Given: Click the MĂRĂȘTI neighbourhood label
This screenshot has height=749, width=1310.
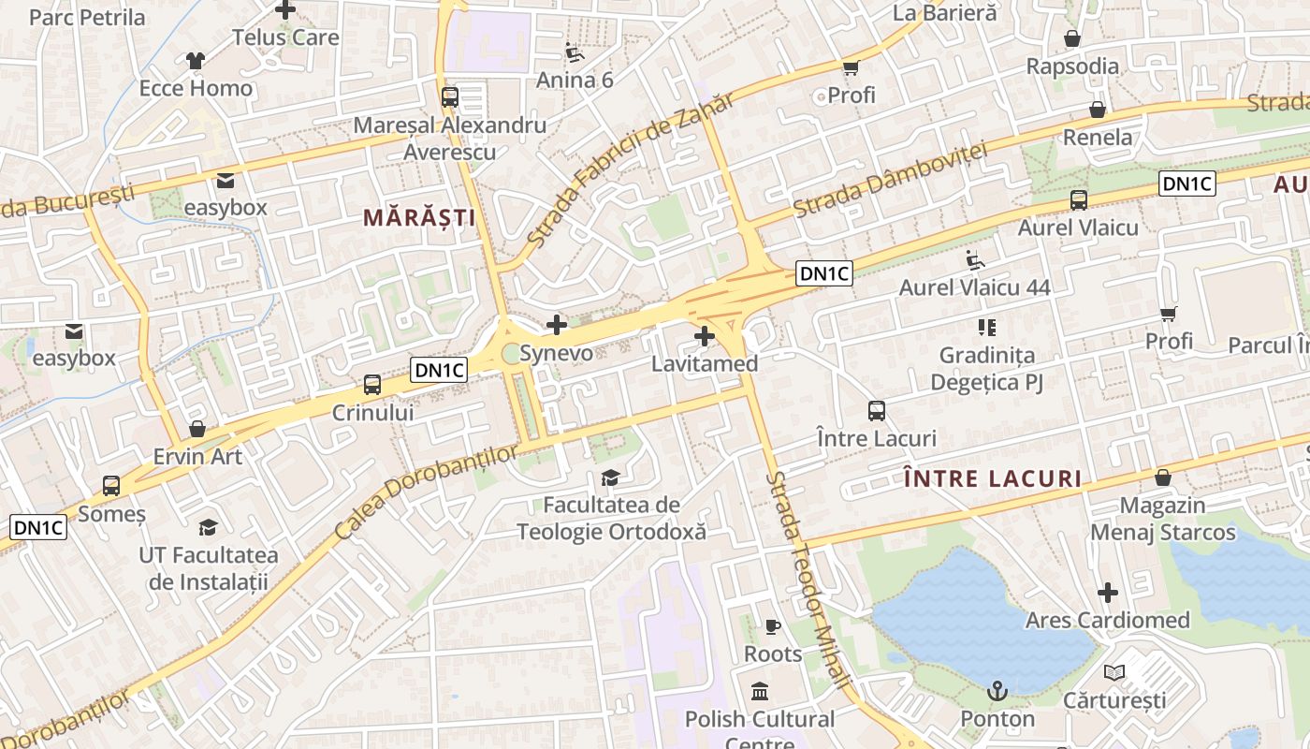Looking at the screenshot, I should [x=419, y=218].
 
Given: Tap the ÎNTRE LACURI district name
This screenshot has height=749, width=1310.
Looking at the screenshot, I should [x=993, y=479].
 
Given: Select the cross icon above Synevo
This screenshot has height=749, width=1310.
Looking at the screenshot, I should [x=557, y=325].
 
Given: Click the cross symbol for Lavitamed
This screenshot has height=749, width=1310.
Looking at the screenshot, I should [x=705, y=335].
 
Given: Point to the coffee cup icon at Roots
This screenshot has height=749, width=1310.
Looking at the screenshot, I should [x=773, y=626].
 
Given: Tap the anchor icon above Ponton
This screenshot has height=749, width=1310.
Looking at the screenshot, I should [x=997, y=692].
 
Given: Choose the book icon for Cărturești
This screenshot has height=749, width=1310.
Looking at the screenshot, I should [x=1114, y=672].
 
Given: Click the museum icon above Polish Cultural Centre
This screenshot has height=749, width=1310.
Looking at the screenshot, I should [x=760, y=692].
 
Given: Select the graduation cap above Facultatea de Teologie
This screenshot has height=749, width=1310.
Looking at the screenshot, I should [x=611, y=477].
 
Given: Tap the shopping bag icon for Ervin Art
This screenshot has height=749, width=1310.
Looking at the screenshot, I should [x=197, y=429].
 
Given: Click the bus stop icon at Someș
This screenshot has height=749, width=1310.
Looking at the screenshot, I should [x=111, y=486].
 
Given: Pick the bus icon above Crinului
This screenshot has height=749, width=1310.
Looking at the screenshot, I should [x=372, y=384].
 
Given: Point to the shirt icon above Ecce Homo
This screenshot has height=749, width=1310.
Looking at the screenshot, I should [x=196, y=61].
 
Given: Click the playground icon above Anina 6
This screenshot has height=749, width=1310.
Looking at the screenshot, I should [x=575, y=52].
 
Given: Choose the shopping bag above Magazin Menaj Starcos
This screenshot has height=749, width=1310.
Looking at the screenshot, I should [x=1163, y=477].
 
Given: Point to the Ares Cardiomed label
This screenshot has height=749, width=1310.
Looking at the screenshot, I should [x=1108, y=620].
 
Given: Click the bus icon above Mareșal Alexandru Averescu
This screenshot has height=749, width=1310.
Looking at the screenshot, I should [x=449, y=96].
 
